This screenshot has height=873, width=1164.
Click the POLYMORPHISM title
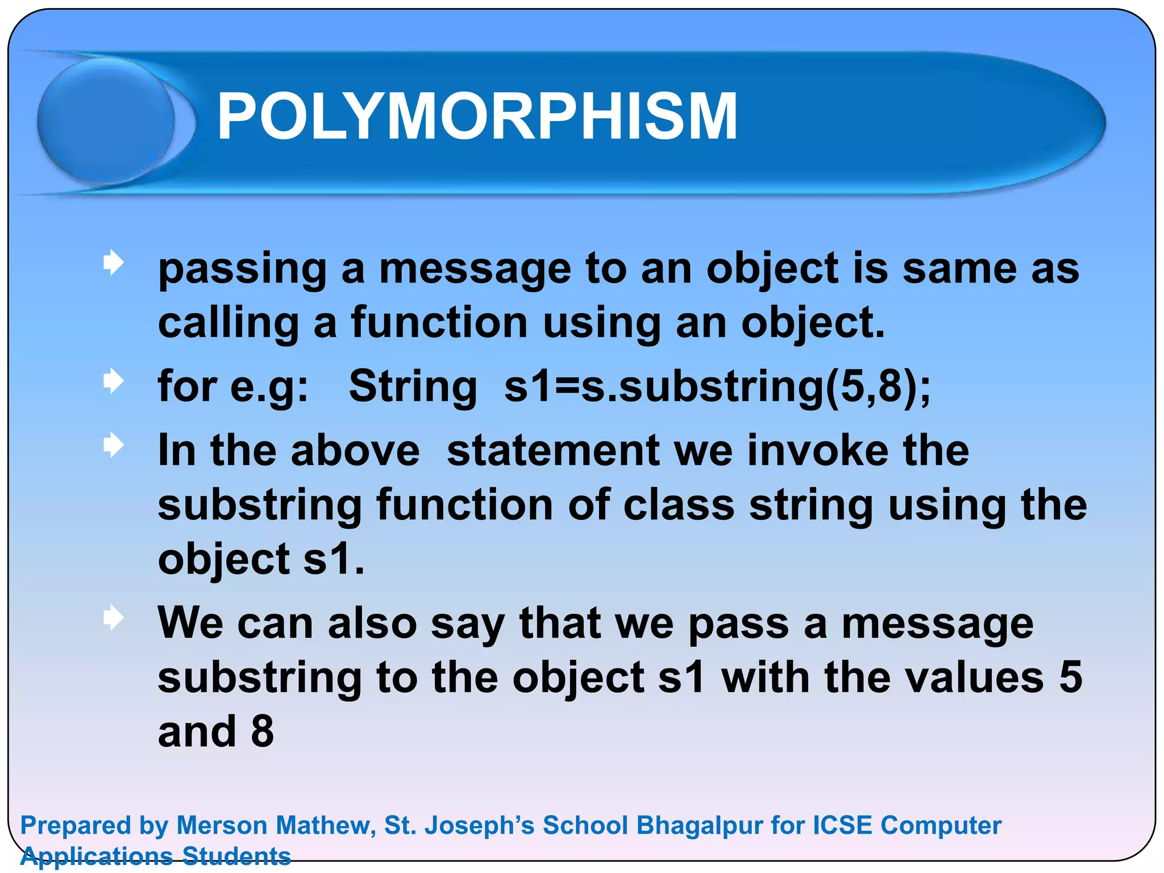477,117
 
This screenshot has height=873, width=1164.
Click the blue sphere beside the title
106,120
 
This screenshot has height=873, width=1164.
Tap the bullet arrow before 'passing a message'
114,263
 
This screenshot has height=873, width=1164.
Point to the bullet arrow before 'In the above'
114,446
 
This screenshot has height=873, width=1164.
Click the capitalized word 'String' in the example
413,386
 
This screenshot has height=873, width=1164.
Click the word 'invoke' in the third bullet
818,451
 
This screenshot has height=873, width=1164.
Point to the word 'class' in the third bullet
679,505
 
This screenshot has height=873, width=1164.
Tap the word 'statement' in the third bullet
552,451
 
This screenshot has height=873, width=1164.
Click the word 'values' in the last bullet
934,678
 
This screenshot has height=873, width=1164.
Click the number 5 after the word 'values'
1070,678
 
